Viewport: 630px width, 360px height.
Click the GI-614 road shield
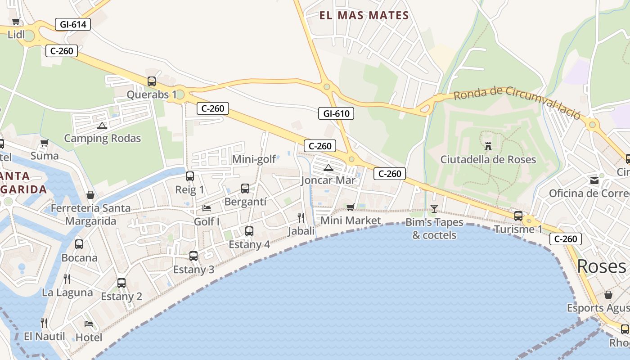coord(73,24)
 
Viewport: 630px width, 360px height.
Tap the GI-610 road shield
coord(336,113)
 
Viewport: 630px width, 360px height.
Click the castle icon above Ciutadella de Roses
coord(488,146)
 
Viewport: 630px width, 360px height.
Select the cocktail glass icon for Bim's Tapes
coord(434,208)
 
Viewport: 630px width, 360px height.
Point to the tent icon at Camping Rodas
coord(102,126)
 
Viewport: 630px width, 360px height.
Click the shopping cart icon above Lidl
coord(16,21)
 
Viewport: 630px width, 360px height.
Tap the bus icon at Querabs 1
coord(152,81)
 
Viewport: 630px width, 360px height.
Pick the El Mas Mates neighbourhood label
coord(364,16)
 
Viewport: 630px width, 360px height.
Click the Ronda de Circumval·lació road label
coord(517,101)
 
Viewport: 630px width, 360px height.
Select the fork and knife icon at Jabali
coord(301,218)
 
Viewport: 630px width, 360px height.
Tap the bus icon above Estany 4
coord(249,231)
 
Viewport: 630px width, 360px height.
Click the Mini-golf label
coord(254,159)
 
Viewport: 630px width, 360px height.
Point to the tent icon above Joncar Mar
coord(328,168)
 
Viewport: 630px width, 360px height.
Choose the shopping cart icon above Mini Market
coord(350,207)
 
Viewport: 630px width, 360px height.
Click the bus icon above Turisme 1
coord(518,216)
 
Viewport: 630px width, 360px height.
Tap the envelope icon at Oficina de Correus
coord(594,180)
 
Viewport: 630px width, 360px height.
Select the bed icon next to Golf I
coord(207,208)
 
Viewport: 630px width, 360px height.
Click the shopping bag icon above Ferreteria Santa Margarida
coord(90,195)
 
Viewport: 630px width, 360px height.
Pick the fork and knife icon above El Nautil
coord(44,323)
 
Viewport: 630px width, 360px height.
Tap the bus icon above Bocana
coord(79,244)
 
